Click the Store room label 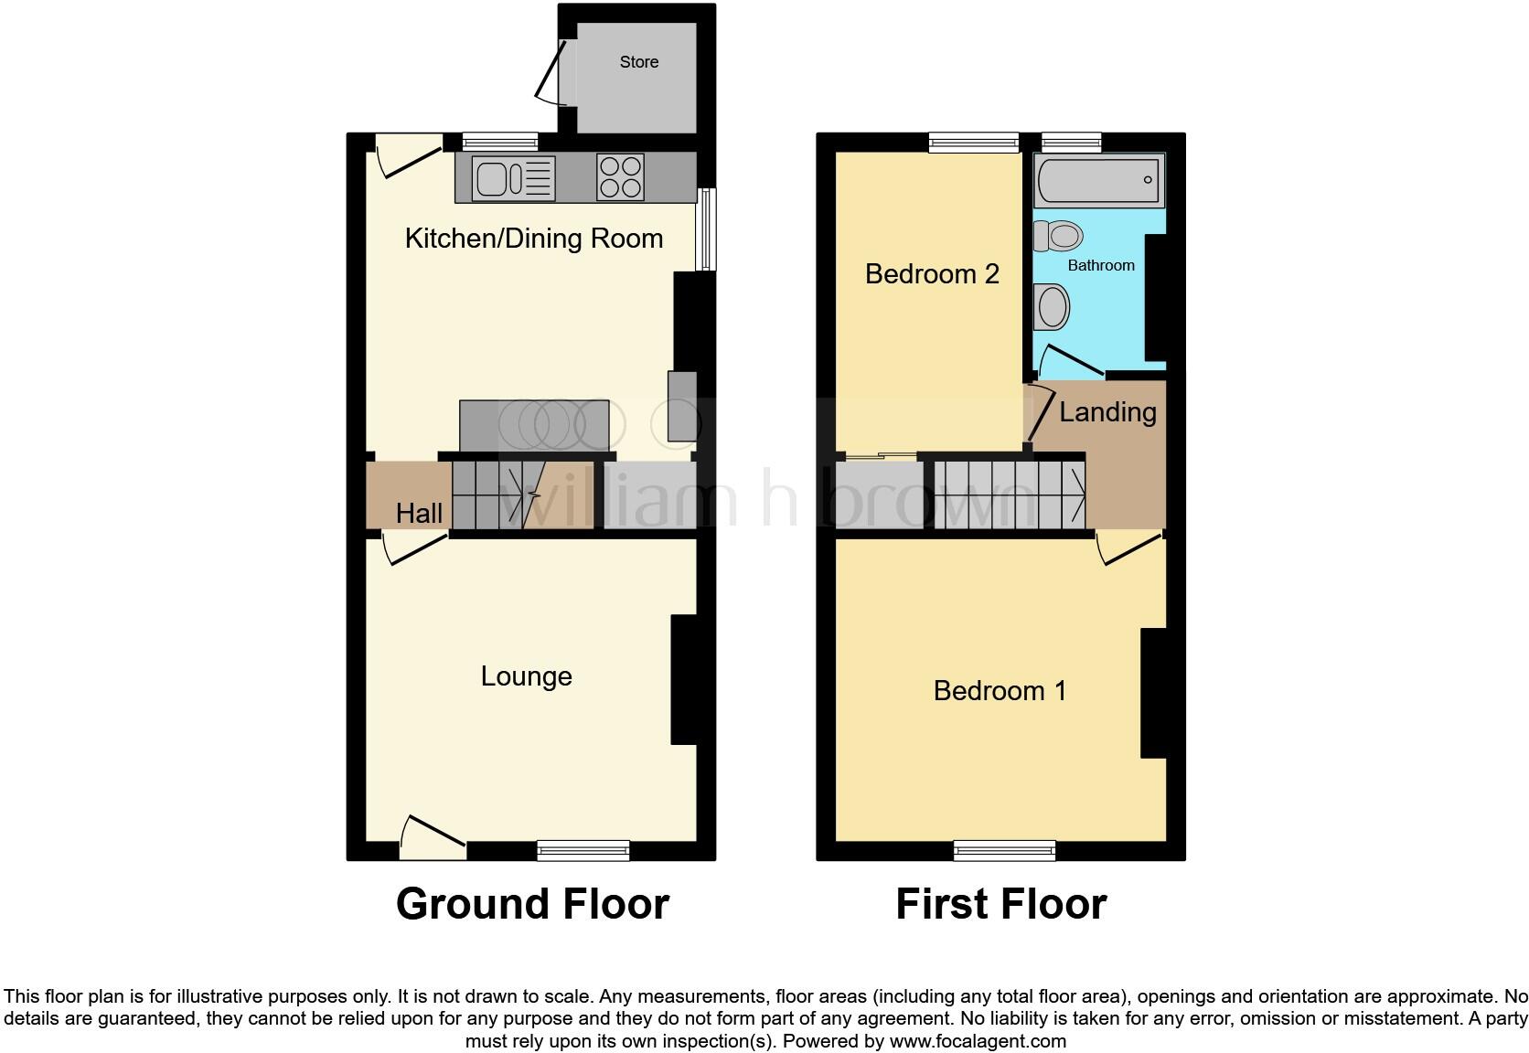tap(638, 62)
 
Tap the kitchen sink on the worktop tap(513, 178)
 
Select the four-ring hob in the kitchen tap(619, 177)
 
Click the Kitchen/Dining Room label tap(533, 239)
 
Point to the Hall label tap(419, 514)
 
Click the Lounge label tap(526, 676)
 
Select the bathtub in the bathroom tap(1099, 180)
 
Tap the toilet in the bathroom tap(1058, 236)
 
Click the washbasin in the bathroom tap(1053, 307)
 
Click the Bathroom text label tap(1101, 265)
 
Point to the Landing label tap(1107, 412)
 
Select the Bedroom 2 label tap(931, 274)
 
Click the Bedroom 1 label tap(1000, 691)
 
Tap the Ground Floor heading tap(532, 904)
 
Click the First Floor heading tap(1000, 904)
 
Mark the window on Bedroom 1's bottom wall tap(1004, 851)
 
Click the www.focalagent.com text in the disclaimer tap(978, 1041)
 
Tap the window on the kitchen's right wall tap(705, 229)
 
